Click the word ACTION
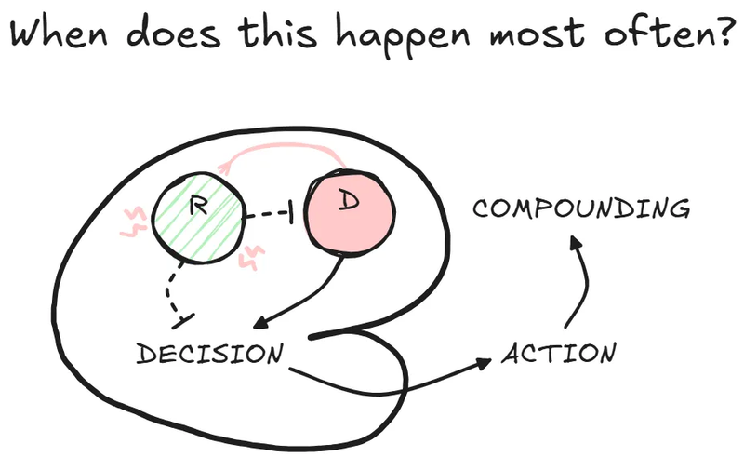coord(559,354)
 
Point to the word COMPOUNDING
coord(581,208)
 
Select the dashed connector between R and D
coord(270,216)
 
